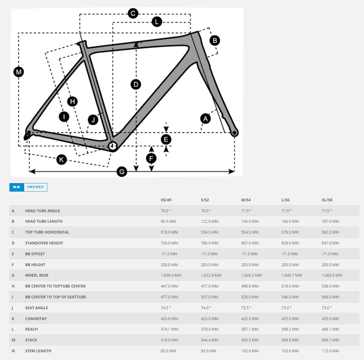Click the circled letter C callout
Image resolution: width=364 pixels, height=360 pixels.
click(133, 13)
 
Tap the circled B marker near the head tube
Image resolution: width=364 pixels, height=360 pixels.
click(215, 41)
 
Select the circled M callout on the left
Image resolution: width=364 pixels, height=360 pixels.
click(19, 72)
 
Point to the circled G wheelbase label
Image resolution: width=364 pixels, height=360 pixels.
click(122, 172)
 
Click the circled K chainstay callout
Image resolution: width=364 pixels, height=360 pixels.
click(61, 159)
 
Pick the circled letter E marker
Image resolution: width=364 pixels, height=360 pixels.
click(166, 139)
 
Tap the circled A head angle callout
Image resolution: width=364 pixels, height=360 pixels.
click(205, 119)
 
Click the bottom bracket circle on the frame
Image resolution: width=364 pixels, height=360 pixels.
click(113, 146)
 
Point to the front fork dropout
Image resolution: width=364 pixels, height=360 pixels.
click(234, 133)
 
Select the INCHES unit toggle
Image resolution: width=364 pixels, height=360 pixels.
click(35, 187)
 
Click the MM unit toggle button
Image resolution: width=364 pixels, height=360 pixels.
click(17, 187)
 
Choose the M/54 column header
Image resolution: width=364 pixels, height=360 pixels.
click(246, 200)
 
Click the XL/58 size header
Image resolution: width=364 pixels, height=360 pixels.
click(327, 200)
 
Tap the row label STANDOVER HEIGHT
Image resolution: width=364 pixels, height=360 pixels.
click(44, 243)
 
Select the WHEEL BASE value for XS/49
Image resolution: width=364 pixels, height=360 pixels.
click(171, 275)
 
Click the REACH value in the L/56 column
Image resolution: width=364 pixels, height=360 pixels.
click(290, 329)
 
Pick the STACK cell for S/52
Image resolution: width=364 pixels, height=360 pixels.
click(210, 340)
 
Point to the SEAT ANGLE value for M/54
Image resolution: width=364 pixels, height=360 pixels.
click(246, 308)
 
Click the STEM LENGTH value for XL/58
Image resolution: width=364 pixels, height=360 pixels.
click(330, 351)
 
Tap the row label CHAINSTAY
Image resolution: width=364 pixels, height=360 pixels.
click(36, 319)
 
